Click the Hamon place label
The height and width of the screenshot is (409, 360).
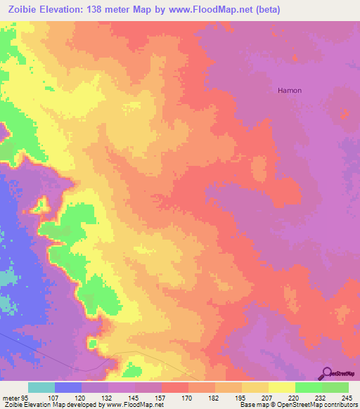click(x=290, y=91)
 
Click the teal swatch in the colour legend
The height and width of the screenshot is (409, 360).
click(x=41, y=387)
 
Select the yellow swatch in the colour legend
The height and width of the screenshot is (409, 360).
click(x=282, y=387)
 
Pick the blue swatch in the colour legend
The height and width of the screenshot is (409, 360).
click(x=68, y=387)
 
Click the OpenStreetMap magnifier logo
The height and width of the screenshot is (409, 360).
click(x=327, y=373)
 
